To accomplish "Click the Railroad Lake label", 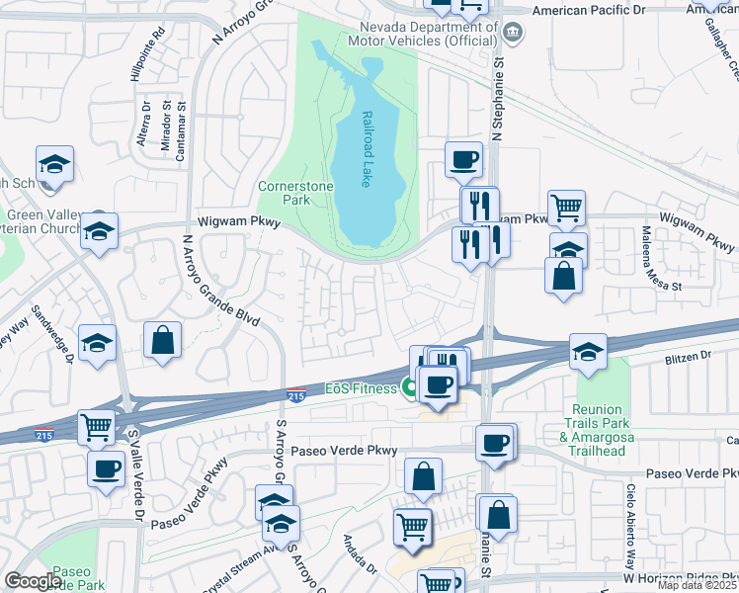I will click(367, 148).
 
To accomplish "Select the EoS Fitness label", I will click(361, 388).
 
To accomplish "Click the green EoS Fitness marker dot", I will click(407, 388).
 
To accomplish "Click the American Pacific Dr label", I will click(602, 10).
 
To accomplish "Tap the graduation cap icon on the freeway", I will click(588, 352).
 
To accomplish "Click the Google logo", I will click(33, 580).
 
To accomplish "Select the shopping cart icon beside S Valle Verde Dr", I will click(97, 427).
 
